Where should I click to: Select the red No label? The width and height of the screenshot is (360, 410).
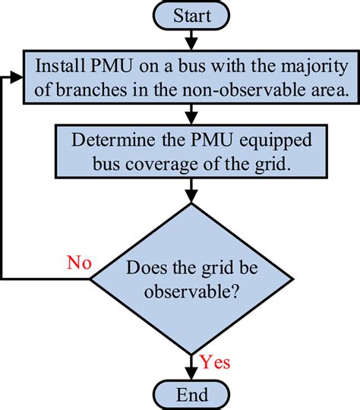coord(78,263)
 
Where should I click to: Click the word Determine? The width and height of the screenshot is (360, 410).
coord(112,141)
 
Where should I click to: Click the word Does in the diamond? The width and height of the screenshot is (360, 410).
coord(144,268)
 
